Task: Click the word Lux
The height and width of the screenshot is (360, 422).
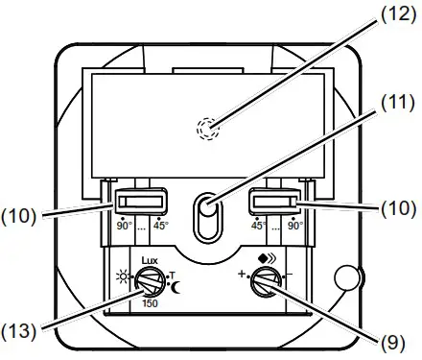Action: (x=148, y=259)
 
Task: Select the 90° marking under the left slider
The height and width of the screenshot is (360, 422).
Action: (x=124, y=227)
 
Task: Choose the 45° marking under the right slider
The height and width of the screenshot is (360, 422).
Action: (x=259, y=227)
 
